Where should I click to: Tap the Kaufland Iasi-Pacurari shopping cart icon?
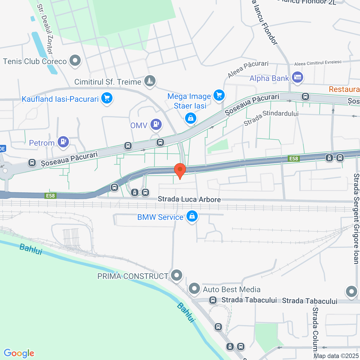pyautogui.click(x=107, y=98)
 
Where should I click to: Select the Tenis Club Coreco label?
pyautogui.click(x=35, y=61)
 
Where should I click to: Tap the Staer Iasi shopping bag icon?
pyautogui.click(x=191, y=118)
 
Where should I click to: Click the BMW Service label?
pyautogui.click(x=160, y=217)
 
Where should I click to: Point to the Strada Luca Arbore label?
pyautogui.click(x=189, y=199)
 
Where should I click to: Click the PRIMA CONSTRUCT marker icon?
pyautogui.click(x=177, y=275)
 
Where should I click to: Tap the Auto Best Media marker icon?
pyautogui.click(x=194, y=289)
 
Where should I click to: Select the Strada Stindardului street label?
pyautogui.click(x=271, y=118)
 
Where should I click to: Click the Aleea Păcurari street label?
pyautogui.click(x=248, y=69)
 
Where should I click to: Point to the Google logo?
pyautogui.click(x=19, y=353)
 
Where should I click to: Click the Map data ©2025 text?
pyautogui.click(x=336, y=356)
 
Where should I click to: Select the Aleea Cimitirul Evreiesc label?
pyautogui.click(x=318, y=63)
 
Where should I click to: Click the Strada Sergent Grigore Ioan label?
pyautogui.click(x=356, y=219)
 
